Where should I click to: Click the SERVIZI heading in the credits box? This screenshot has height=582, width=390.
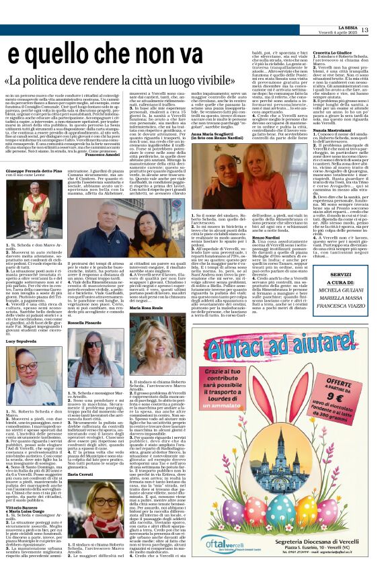(340, 275)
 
